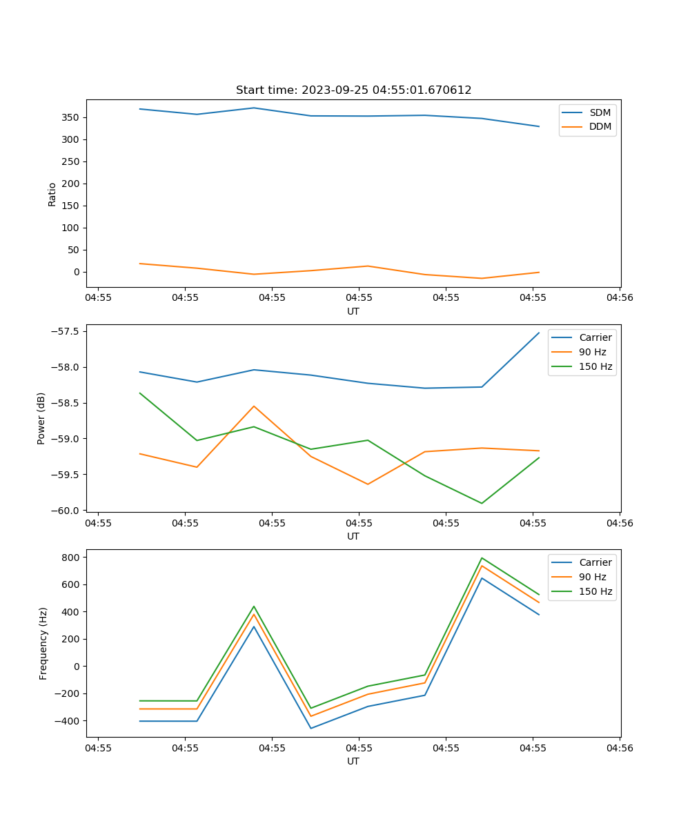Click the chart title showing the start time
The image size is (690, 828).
(x=353, y=90)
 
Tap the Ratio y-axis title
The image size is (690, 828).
(x=52, y=194)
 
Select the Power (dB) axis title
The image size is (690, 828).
(x=42, y=418)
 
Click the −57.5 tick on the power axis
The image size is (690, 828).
(x=68, y=331)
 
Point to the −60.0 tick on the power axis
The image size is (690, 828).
(x=68, y=511)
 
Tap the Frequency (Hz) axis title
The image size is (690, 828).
(x=43, y=643)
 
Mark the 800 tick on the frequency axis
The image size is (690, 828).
(x=74, y=557)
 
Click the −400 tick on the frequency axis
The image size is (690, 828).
(x=70, y=721)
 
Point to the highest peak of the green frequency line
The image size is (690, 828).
(x=482, y=558)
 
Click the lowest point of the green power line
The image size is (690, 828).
(x=482, y=503)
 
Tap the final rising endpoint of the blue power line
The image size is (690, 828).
(x=539, y=333)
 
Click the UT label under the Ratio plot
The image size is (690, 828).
(x=353, y=311)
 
